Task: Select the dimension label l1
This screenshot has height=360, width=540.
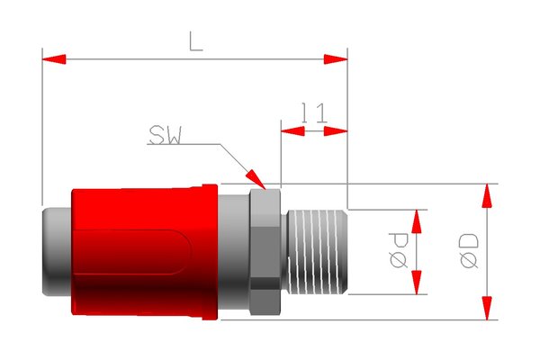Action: pos(312,112)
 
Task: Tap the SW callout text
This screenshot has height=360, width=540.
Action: pos(165,135)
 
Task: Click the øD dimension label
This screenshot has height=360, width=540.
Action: pos(468,252)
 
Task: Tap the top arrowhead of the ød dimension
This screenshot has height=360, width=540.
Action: pos(417,220)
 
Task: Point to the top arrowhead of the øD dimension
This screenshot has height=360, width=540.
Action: pos(487,194)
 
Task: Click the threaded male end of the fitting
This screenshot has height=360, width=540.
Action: pos(315,252)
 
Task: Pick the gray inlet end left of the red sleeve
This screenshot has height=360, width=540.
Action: pos(56,252)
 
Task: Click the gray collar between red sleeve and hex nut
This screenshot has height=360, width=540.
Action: pos(232,252)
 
